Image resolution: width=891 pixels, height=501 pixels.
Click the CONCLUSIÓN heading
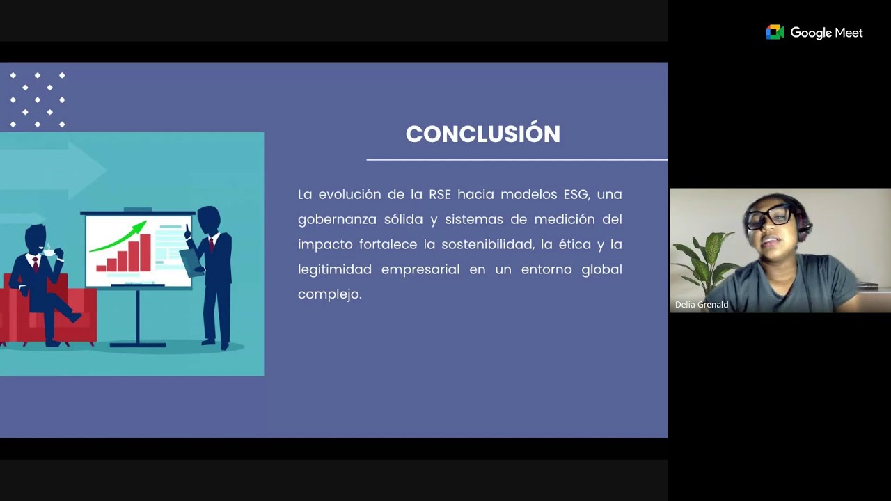pos(482,134)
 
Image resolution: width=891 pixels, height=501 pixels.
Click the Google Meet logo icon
pos(775,33)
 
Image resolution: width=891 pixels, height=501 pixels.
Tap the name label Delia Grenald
pos(702,305)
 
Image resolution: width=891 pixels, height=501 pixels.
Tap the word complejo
pos(329,294)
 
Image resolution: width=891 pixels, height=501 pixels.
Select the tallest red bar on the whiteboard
pos(145,252)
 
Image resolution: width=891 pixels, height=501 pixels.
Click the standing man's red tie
pos(210,244)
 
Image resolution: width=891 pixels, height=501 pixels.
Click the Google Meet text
pos(826,33)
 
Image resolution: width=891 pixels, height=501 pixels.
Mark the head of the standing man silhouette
pos(208,220)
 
